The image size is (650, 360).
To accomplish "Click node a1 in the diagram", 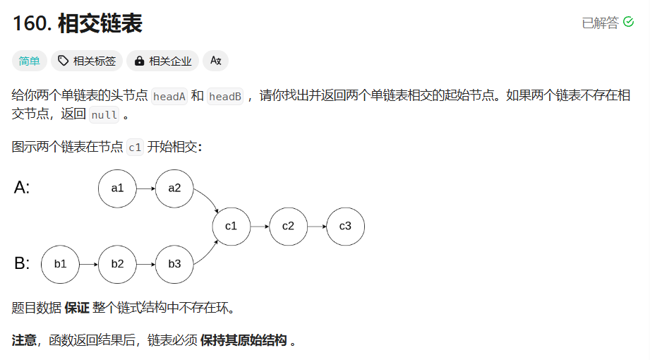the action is [x=117, y=188].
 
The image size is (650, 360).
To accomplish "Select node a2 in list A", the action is [x=174, y=188].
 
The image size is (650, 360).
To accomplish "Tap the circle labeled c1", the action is [x=231, y=227].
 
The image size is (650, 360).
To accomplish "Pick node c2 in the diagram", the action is [x=288, y=227].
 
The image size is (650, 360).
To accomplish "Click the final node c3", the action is [x=345, y=227].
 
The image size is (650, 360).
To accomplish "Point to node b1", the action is [x=61, y=264].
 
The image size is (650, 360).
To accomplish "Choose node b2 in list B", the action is [x=117, y=264].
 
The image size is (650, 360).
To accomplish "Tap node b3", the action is [x=174, y=264].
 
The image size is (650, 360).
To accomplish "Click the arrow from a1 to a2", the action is [x=145, y=188].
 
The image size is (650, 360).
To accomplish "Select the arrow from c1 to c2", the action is [x=259, y=227].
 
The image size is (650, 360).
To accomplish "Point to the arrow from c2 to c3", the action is [x=316, y=227].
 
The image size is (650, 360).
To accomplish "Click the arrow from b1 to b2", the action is [x=89, y=264].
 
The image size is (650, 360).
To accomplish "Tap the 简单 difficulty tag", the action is [x=30, y=61].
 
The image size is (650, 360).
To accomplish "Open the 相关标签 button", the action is [x=87, y=61].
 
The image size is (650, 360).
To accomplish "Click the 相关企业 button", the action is [x=163, y=61].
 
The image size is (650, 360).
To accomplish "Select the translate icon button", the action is [x=216, y=61].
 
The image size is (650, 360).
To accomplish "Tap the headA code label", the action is [x=169, y=97].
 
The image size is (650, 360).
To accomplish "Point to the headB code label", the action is [x=225, y=97].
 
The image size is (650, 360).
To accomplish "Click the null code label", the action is [x=104, y=115].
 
